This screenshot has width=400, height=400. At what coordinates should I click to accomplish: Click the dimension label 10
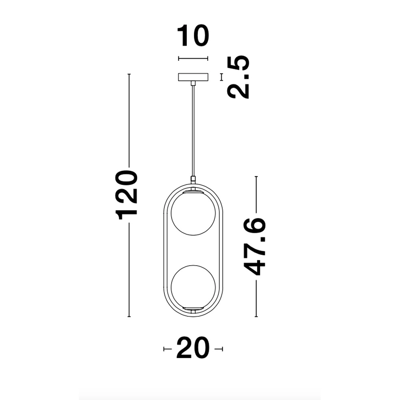coord(193,36)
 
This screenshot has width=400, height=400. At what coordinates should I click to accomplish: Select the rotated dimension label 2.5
coord(238,77)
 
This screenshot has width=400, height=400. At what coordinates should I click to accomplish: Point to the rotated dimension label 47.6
coord(255,246)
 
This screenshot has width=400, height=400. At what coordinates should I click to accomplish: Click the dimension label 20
coord(193,348)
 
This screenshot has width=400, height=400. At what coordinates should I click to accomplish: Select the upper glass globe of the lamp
coord(193,213)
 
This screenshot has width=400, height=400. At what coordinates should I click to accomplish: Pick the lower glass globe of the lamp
coord(193,286)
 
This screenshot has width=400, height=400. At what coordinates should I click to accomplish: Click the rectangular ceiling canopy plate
coord(193,77)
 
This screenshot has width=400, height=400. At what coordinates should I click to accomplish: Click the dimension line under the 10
coord(193,59)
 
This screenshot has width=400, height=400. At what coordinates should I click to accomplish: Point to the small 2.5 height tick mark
coord(221,77)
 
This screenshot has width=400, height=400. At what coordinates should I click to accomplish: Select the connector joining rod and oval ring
coord(193,180)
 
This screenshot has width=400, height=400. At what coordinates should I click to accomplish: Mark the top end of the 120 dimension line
coord(129,74)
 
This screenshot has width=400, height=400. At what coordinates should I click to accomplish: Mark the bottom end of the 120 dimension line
coord(129,316)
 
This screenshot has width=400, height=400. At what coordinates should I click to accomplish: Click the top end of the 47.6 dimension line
coord(256,177)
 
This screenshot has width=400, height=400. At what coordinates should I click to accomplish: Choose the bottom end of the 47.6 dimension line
coord(256,316)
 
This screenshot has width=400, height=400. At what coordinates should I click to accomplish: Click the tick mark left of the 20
coord(165,349)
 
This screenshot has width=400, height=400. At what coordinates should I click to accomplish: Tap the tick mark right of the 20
coord(220,349)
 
